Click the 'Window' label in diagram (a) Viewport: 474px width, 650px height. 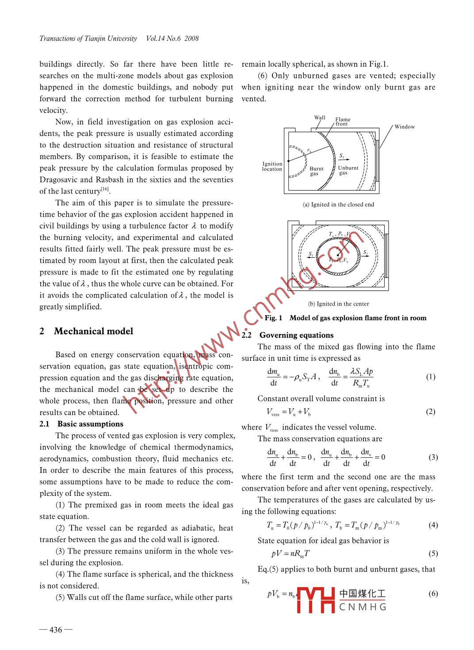pos(405,127)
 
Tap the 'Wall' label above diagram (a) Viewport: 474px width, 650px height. pos(320,118)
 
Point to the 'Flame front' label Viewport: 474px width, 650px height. pos(342,121)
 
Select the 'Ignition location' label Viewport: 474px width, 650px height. pos(272,166)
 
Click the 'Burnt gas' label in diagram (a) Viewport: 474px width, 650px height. pos(316,171)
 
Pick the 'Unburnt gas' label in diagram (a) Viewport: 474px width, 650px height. pos(348,170)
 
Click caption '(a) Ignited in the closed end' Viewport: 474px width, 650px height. pos(338,205)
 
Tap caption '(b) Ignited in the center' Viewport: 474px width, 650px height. pos(338,304)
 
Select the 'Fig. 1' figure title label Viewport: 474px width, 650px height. pos(273,318)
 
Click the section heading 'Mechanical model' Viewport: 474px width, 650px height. pos(93,331)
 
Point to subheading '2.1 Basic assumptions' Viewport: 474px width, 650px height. pos(81,424)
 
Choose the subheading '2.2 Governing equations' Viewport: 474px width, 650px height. pos(287,335)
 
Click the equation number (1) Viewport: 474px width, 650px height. pos(430,377)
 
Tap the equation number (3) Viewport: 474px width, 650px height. pos(433,457)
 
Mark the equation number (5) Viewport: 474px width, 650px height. pos(433,553)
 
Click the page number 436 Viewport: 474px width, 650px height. pos(56,630)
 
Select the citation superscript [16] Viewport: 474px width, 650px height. pos(105,189)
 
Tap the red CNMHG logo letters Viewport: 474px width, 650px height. pos(316,600)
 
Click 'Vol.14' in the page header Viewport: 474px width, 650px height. pos(155,39)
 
